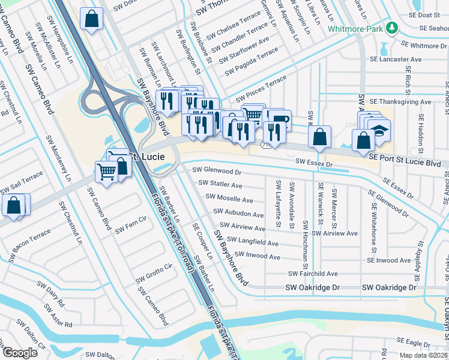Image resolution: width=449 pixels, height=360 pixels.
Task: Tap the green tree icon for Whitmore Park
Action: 392,28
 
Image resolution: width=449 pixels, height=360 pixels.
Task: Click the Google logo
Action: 19,352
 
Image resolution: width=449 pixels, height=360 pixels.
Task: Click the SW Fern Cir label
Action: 131,226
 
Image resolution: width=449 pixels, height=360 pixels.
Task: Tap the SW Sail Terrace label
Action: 22,182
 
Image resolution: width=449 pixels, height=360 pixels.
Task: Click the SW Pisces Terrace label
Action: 261,88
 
